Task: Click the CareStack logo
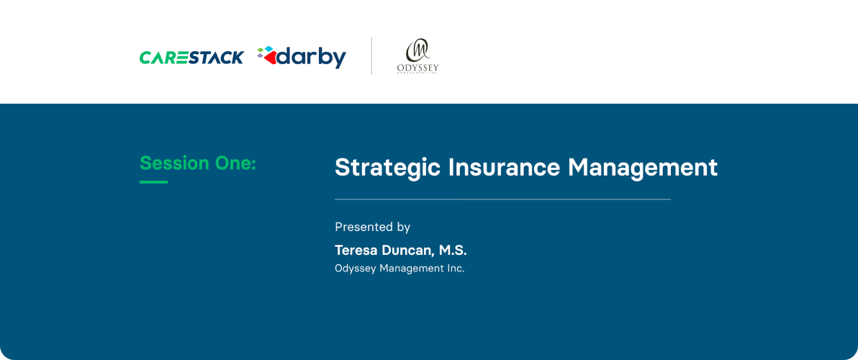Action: point(191,58)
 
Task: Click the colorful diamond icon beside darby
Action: point(266,55)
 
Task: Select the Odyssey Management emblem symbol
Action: point(417,51)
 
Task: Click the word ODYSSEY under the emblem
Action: point(417,68)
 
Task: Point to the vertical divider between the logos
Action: point(371,56)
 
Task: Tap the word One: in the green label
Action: point(235,163)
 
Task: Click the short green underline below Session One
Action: point(153,182)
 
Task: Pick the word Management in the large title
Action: point(643,168)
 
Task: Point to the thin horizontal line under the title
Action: point(502,199)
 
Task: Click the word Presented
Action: point(363,228)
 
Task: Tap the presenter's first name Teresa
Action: point(356,251)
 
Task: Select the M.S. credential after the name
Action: point(453,251)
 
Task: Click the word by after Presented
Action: point(403,228)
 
